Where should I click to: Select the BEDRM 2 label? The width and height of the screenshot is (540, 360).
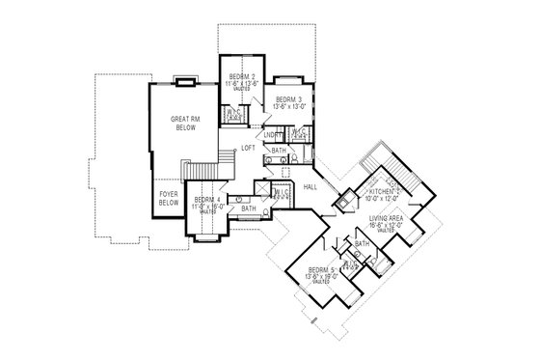(x=240, y=76)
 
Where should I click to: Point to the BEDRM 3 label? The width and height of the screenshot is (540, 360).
(x=288, y=100)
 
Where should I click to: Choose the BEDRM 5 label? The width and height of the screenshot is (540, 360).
(x=318, y=271)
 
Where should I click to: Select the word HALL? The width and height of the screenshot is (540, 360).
(x=310, y=186)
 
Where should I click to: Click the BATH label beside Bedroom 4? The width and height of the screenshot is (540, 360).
(x=249, y=208)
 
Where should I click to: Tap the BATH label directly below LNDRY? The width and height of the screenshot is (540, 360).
(x=278, y=152)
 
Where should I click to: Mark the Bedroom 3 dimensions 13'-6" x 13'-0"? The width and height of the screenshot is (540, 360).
(x=288, y=108)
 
